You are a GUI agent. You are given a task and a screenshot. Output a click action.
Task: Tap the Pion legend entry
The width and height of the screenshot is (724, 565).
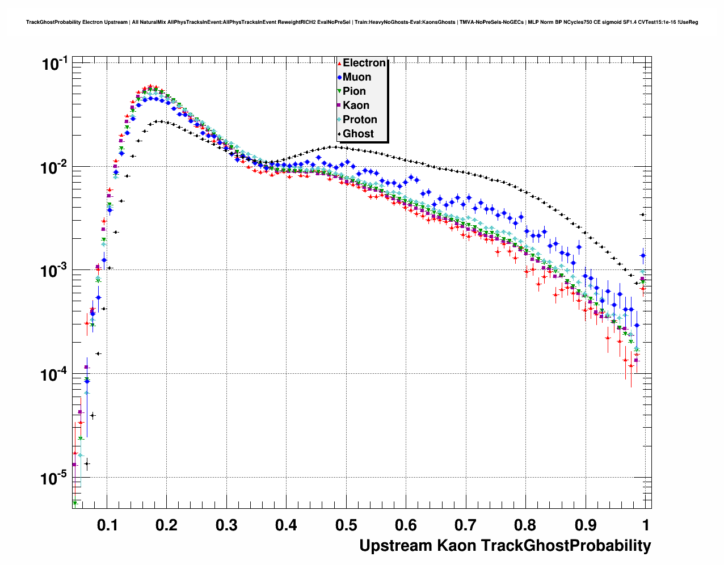point(354,91)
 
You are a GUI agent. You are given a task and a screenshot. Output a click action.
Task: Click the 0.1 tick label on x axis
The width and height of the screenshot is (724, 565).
point(108,525)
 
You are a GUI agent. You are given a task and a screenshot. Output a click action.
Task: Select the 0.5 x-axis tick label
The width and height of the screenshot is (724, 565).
point(346,525)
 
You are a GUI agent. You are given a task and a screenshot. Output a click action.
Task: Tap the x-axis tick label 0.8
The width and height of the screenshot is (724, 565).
point(525,525)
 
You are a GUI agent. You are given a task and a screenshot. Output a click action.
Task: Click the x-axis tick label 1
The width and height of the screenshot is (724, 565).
point(646,525)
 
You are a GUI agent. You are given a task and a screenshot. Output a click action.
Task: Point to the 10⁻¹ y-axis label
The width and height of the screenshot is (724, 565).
point(55,64)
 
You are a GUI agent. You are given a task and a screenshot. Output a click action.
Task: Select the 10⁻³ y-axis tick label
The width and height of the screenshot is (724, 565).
point(55,271)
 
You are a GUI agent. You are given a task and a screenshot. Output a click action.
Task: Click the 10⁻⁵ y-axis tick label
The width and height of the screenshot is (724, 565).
point(55,478)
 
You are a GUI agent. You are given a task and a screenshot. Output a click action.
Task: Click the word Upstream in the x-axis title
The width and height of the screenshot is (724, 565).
point(395,546)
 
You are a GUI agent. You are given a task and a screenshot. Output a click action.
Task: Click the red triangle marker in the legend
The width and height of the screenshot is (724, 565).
point(339,63)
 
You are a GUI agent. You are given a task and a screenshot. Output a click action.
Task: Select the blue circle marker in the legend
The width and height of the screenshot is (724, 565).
point(339,77)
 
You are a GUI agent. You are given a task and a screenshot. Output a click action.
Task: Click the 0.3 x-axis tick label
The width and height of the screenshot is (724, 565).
point(227,525)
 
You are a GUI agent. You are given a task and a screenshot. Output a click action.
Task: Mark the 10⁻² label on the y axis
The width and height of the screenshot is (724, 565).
point(55,167)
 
